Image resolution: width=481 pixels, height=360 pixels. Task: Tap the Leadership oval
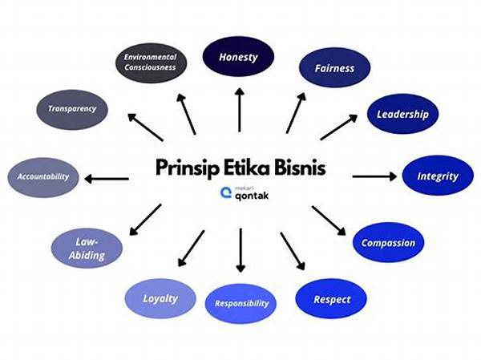coord(402,114)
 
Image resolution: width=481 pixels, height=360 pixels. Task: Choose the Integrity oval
coord(438,175)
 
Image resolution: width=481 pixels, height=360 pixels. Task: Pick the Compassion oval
coord(388,242)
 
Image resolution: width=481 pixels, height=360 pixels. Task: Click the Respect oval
coord(330,299)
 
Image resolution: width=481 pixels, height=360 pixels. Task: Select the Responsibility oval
coord(241,304)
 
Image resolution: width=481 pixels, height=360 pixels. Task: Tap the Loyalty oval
coord(160,299)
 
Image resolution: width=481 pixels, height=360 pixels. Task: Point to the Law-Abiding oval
coord(88,249)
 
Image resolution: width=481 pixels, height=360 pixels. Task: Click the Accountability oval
coord(44,176)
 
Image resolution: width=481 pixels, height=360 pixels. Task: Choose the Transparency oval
coord(72,108)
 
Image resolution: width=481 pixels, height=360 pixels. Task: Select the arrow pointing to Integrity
coord(374,176)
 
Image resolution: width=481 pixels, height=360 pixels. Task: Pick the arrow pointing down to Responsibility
coord(240,250)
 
